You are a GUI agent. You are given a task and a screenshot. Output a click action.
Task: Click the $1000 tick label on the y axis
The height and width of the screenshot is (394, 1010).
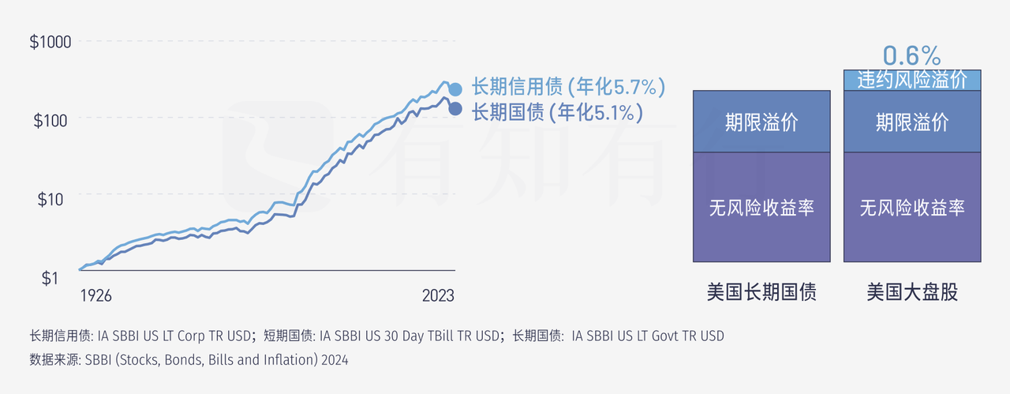point(50,42)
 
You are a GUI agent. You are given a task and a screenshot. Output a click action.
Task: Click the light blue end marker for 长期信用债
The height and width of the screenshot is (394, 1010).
point(455,89)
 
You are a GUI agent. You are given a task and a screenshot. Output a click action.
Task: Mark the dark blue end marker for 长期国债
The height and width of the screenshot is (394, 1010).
point(455,107)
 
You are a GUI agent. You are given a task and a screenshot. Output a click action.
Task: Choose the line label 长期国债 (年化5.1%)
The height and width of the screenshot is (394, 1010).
point(557,113)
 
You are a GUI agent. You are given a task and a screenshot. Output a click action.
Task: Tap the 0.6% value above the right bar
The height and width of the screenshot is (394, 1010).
point(911,55)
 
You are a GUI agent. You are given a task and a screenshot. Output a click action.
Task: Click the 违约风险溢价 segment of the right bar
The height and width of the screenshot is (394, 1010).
point(911,80)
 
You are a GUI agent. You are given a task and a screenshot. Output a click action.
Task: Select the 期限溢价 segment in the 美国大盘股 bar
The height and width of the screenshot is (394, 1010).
point(911,122)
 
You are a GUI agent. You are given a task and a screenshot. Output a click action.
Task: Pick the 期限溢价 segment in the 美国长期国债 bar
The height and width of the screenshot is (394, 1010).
point(761,122)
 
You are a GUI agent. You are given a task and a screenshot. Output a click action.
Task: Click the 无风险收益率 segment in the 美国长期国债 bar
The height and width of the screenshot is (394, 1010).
point(761,207)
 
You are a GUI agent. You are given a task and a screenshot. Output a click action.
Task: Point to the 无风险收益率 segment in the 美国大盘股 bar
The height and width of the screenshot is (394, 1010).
point(911,207)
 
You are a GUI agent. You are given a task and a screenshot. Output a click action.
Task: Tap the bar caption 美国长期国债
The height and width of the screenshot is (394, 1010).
point(761,293)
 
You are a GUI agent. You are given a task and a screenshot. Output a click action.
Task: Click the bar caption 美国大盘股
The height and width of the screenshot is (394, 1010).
point(911,293)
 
